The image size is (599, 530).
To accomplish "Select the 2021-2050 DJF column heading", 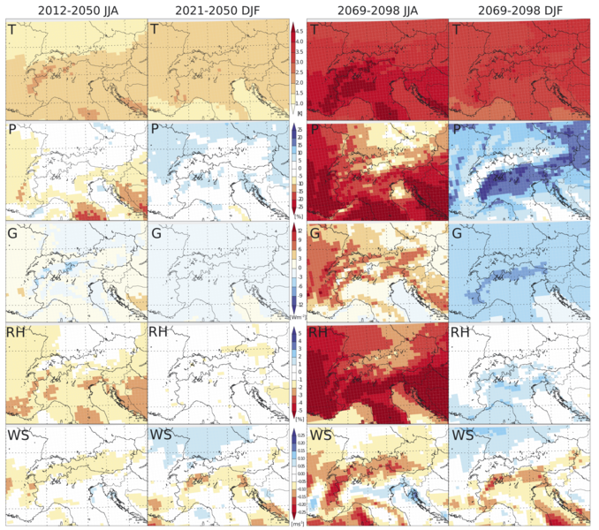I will (216, 10).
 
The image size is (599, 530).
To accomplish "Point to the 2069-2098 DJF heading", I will (520, 10).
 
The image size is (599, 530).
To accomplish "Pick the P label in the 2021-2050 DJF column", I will (155, 132).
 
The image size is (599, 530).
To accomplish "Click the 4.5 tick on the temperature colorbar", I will (299, 30).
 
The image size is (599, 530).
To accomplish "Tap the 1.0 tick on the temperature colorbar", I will (299, 103).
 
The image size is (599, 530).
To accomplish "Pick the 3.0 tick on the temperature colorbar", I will (299, 62).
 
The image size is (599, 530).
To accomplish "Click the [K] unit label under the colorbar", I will (299, 114).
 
